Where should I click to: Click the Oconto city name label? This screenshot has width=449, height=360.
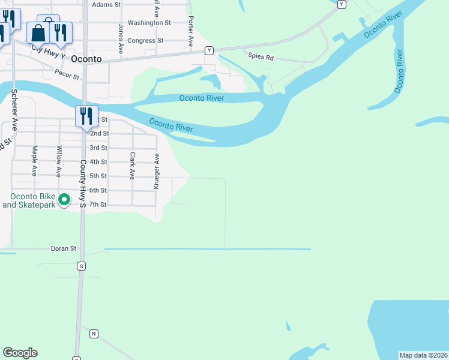click(x=86, y=59)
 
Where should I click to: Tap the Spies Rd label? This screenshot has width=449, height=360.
click(x=261, y=58)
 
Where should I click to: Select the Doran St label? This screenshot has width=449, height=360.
click(x=64, y=248)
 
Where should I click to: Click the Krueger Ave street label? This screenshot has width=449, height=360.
click(x=157, y=172)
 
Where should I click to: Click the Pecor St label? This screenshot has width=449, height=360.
click(x=67, y=76)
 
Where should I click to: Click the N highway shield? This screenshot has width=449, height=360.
click(x=94, y=333)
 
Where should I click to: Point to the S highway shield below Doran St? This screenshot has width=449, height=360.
click(x=81, y=265)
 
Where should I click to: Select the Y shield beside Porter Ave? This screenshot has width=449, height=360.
click(x=209, y=50)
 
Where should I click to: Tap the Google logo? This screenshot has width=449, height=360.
click(x=20, y=353)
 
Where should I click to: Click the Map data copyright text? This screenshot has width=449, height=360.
click(x=423, y=355)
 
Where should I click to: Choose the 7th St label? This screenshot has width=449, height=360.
click(x=98, y=205)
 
